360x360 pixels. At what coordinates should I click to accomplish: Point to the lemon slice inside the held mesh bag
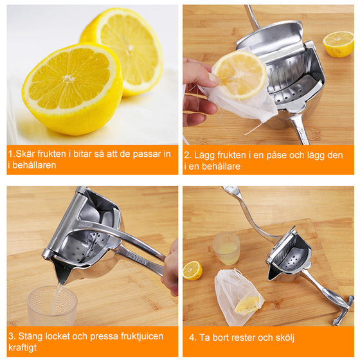(239, 75)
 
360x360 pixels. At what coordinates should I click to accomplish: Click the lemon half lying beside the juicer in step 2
(338, 43)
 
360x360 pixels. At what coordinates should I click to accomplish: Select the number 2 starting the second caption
(187, 155)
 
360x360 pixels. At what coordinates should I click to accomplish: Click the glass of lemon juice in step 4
(226, 248)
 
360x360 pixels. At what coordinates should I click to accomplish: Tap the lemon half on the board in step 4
(192, 270)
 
